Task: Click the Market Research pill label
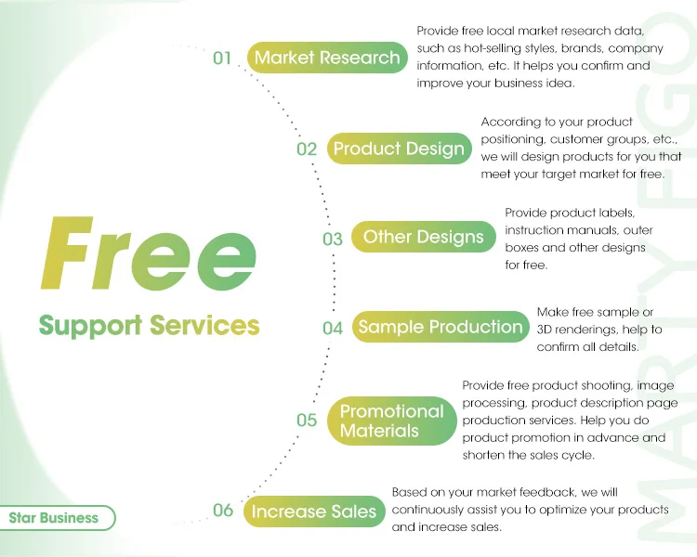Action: pyautogui.click(x=328, y=58)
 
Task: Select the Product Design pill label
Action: pyautogui.click(x=399, y=149)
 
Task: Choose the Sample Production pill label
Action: pyautogui.click(x=441, y=327)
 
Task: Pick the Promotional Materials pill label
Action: pyautogui.click(x=391, y=421)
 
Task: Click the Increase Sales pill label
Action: pyautogui.click(x=313, y=511)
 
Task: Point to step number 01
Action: pyautogui.click(x=222, y=58)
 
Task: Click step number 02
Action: pyautogui.click(x=307, y=149)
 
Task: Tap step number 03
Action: pyautogui.click(x=333, y=239)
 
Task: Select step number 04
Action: pyautogui.click(x=333, y=328)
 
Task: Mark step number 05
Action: pyautogui.click(x=307, y=421)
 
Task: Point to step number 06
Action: pyautogui.click(x=222, y=510)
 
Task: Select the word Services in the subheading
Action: pyautogui.click(x=204, y=325)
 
